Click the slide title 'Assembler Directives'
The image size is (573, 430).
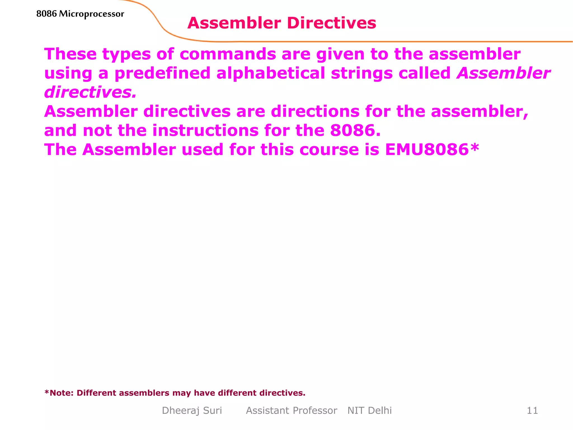pyautogui.click(x=282, y=23)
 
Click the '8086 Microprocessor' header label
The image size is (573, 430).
pyautogui.click(x=80, y=14)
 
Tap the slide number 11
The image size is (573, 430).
pyautogui.click(x=532, y=410)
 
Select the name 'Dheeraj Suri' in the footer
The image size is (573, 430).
pyautogui.click(x=192, y=410)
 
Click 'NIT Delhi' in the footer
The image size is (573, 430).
pyautogui.click(x=369, y=410)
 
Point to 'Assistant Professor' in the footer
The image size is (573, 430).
pyautogui.click(x=292, y=410)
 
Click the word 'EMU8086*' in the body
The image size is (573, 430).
pyautogui.click(x=432, y=149)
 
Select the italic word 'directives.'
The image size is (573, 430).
pyautogui.click(x=90, y=92)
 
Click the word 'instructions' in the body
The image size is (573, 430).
pyautogui.click(x=205, y=130)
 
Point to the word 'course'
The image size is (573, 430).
pyautogui.click(x=329, y=149)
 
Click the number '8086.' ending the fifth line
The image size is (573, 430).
pyautogui.click(x=355, y=130)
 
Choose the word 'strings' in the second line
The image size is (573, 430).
pyautogui.click(x=361, y=74)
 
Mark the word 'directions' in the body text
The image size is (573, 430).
pyautogui.click(x=315, y=111)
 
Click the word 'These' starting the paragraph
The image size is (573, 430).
pyautogui.click(x=70, y=54)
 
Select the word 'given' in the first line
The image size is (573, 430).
pyautogui.click(x=340, y=55)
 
